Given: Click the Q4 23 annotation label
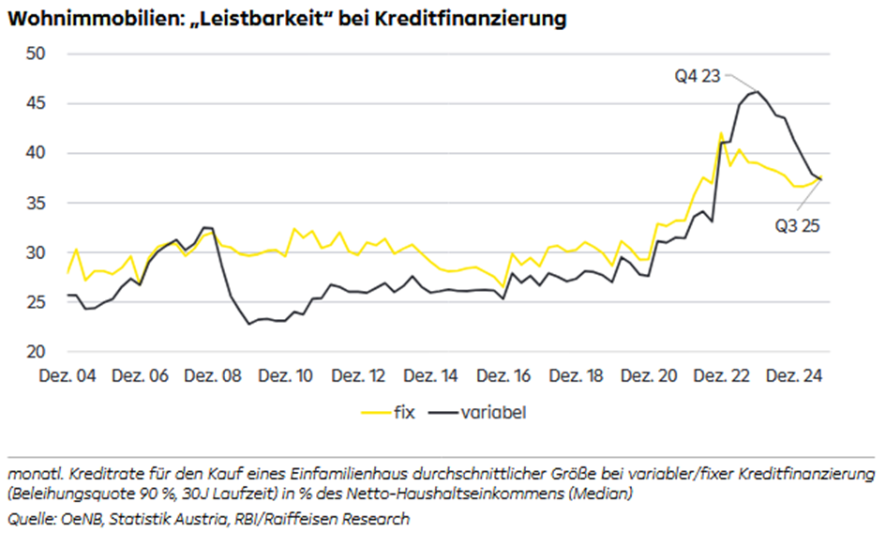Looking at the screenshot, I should pyautogui.click(x=698, y=76).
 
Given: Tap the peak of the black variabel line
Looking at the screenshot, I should pyautogui.click(x=757, y=91).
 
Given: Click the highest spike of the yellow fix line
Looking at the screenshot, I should pyautogui.click(x=721, y=133).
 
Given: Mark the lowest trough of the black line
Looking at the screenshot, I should pyautogui.click(x=249, y=324).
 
